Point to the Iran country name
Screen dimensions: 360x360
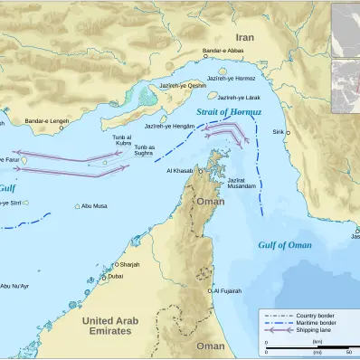click(244, 37)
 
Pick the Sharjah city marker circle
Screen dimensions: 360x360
click(114, 264)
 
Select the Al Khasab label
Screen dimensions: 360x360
click(180, 170)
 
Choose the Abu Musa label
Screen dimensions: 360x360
click(94, 206)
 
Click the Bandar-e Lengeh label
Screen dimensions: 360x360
click(46, 120)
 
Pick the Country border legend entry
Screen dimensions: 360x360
click(315, 314)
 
